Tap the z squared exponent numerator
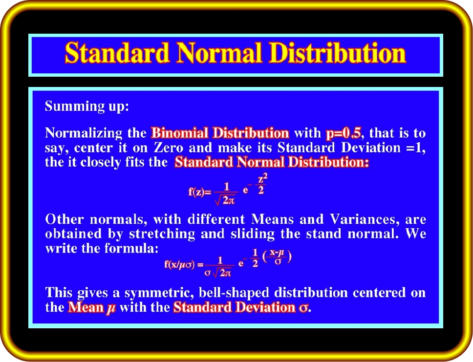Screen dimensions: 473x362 coord(262,179)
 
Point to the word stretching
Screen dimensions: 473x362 coord(162,234)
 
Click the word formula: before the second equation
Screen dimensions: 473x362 coord(131,248)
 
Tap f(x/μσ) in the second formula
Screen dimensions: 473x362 coord(180,265)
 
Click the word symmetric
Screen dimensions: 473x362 coord(159,293)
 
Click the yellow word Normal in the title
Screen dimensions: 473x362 coord(219,52)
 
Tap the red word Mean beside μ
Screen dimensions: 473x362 coord(86,307)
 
